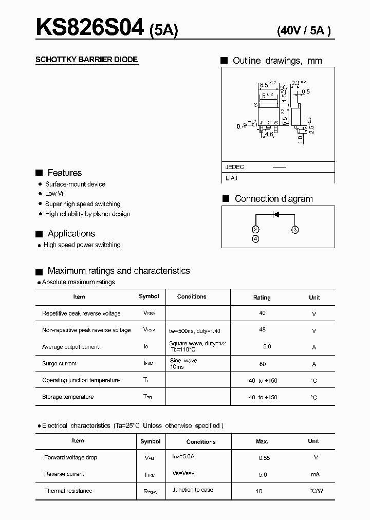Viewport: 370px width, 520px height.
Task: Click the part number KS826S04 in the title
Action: [x=90, y=28]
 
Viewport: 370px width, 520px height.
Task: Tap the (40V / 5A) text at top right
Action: [x=303, y=30]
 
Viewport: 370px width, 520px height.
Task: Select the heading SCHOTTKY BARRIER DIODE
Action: [x=86, y=60]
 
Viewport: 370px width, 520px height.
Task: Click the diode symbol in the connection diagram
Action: [x=275, y=214]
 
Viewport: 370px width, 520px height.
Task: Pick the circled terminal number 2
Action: [x=256, y=229]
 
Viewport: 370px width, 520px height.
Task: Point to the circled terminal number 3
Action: [x=295, y=229]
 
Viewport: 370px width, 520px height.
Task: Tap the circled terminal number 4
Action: [x=256, y=239]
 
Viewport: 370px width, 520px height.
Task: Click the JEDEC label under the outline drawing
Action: [x=235, y=167]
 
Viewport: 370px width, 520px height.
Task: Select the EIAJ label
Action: [x=231, y=178]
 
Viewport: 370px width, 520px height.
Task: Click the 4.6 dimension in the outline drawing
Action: [x=268, y=135]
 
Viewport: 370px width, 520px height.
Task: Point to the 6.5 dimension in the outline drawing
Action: [x=264, y=84]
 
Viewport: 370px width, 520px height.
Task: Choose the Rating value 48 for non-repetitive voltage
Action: [x=263, y=330]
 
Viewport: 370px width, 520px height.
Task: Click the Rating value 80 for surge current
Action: [x=263, y=364]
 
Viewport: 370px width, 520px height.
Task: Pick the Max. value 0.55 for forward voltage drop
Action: [x=263, y=458]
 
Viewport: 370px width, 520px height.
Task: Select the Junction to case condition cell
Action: [x=193, y=490]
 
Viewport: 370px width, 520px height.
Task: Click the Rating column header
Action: [x=262, y=298]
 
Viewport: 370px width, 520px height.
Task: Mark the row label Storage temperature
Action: [x=68, y=397]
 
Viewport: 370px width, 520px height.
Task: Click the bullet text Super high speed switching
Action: [x=83, y=204]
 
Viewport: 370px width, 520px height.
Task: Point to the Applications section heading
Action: [x=71, y=234]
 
